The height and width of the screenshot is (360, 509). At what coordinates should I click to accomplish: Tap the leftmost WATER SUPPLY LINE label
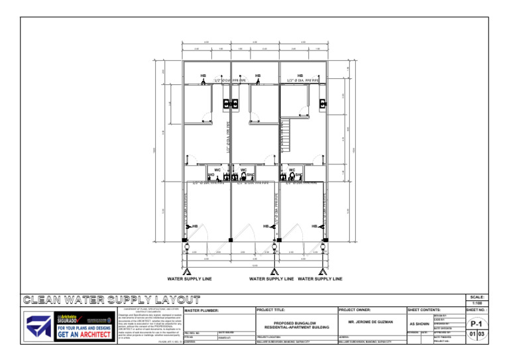coord(190,279)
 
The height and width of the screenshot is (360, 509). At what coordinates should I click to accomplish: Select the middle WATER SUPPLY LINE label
coord(271,279)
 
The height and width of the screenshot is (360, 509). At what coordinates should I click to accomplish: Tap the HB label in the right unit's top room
coord(300,76)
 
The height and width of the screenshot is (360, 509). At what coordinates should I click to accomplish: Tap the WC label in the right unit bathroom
coord(292,170)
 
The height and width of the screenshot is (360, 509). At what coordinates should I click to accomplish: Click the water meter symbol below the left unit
coord(188,270)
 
